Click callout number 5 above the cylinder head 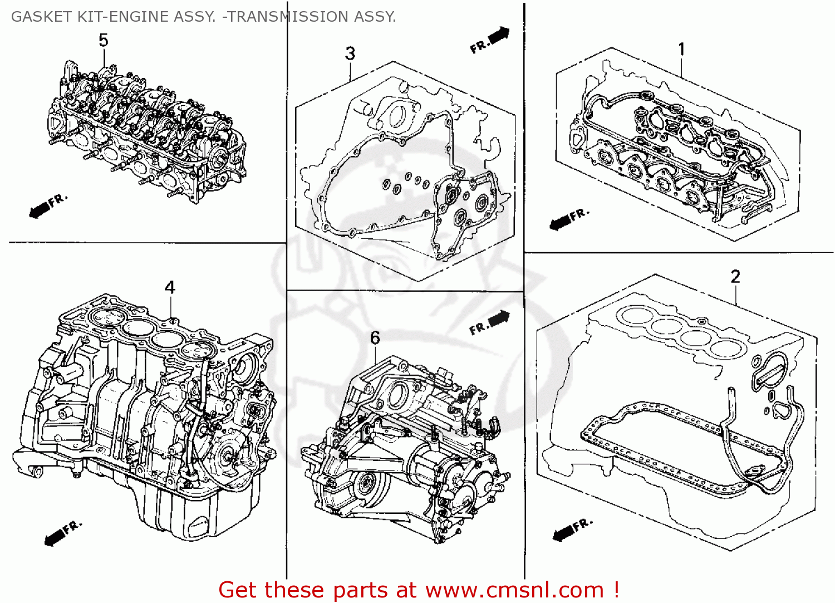pyautogui.click(x=104, y=40)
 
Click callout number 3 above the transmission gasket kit pyautogui.click(x=350, y=53)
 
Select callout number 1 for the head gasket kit pyautogui.click(x=681, y=49)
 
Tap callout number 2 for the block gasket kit pyautogui.click(x=735, y=277)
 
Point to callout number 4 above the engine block pyautogui.click(x=170, y=287)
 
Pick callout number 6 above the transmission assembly pyautogui.click(x=375, y=337)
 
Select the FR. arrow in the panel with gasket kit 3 pyautogui.click(x=490, y=40)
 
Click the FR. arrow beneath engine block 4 pyautogui.click(x=63, y=532)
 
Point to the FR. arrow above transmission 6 pyautogui.click(x=489, y=323)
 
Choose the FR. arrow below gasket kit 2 pyautogui.click(x=573, y=530)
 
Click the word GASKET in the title pyautogui.click(x=41, y=17)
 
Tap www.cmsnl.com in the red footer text pyautogui.click(x=514, y=590)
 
